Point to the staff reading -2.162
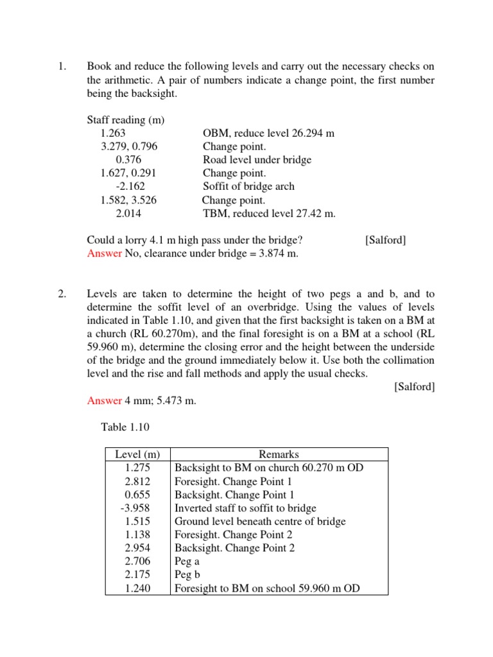click(130, 186)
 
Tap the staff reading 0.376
click(128, 160)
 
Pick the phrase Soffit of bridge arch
click(249, 186)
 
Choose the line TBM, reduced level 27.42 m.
click(269, 213)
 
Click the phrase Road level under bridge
click(257, 160)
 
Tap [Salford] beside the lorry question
click(385, 240)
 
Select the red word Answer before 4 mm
click(104, 400)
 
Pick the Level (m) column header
click(137, 454)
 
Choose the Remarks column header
click(279, 454)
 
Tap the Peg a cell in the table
click(187, 561)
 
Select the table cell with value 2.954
click(137, 548)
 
